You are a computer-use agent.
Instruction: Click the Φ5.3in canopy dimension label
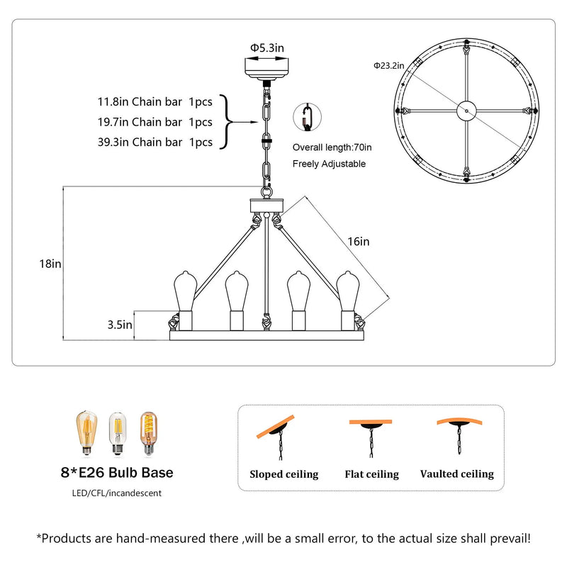pos(267,47)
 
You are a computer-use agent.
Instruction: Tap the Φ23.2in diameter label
pos(388,65)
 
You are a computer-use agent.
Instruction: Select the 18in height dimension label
pos(50,264)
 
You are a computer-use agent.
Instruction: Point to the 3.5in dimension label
pos(120,325)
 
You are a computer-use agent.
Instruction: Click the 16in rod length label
pos(359,241)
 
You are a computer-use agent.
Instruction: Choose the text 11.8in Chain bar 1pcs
pos(155,101)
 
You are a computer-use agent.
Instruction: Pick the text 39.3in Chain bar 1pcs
pos(155,142)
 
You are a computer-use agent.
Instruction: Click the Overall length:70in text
pos(332,147)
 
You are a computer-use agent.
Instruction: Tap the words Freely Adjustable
pos(329,164)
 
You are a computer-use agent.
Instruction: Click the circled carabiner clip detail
pos(307,117)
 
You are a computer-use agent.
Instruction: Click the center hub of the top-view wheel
pos(466,111)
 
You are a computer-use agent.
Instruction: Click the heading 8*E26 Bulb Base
pos(117,473)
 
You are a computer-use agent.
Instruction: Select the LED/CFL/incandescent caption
pos(116,493)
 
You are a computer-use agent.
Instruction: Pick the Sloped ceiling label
pos(284,474)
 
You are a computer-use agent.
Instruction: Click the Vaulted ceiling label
pos(457,473)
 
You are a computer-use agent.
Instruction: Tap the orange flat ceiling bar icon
pos(371,422)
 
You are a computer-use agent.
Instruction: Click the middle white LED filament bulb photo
pos(117,433)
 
